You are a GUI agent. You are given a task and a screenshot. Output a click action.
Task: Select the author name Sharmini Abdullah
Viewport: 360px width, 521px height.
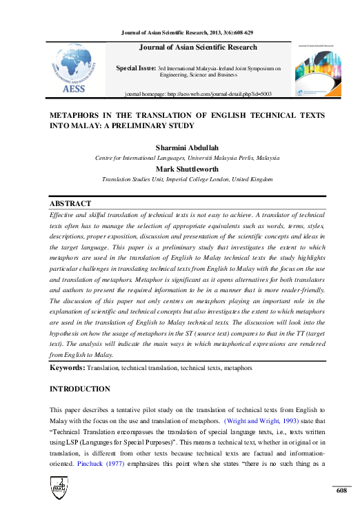point(187,148)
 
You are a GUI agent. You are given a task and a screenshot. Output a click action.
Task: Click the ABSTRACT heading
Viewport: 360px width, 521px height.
point(70,204)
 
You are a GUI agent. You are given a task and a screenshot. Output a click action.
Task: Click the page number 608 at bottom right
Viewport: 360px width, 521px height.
point(341,489)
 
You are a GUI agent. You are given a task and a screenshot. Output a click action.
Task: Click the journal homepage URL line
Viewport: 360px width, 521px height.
point(199,92)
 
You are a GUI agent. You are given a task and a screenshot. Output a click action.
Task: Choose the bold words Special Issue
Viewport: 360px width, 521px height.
point(136,69)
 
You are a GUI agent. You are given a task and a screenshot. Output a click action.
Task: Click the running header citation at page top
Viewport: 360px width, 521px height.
point(187,32)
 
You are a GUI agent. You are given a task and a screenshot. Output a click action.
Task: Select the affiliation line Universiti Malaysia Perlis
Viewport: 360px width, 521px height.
point(187,158)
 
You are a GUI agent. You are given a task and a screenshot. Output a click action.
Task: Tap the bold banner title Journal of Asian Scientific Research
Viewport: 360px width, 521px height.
point(199,48)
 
